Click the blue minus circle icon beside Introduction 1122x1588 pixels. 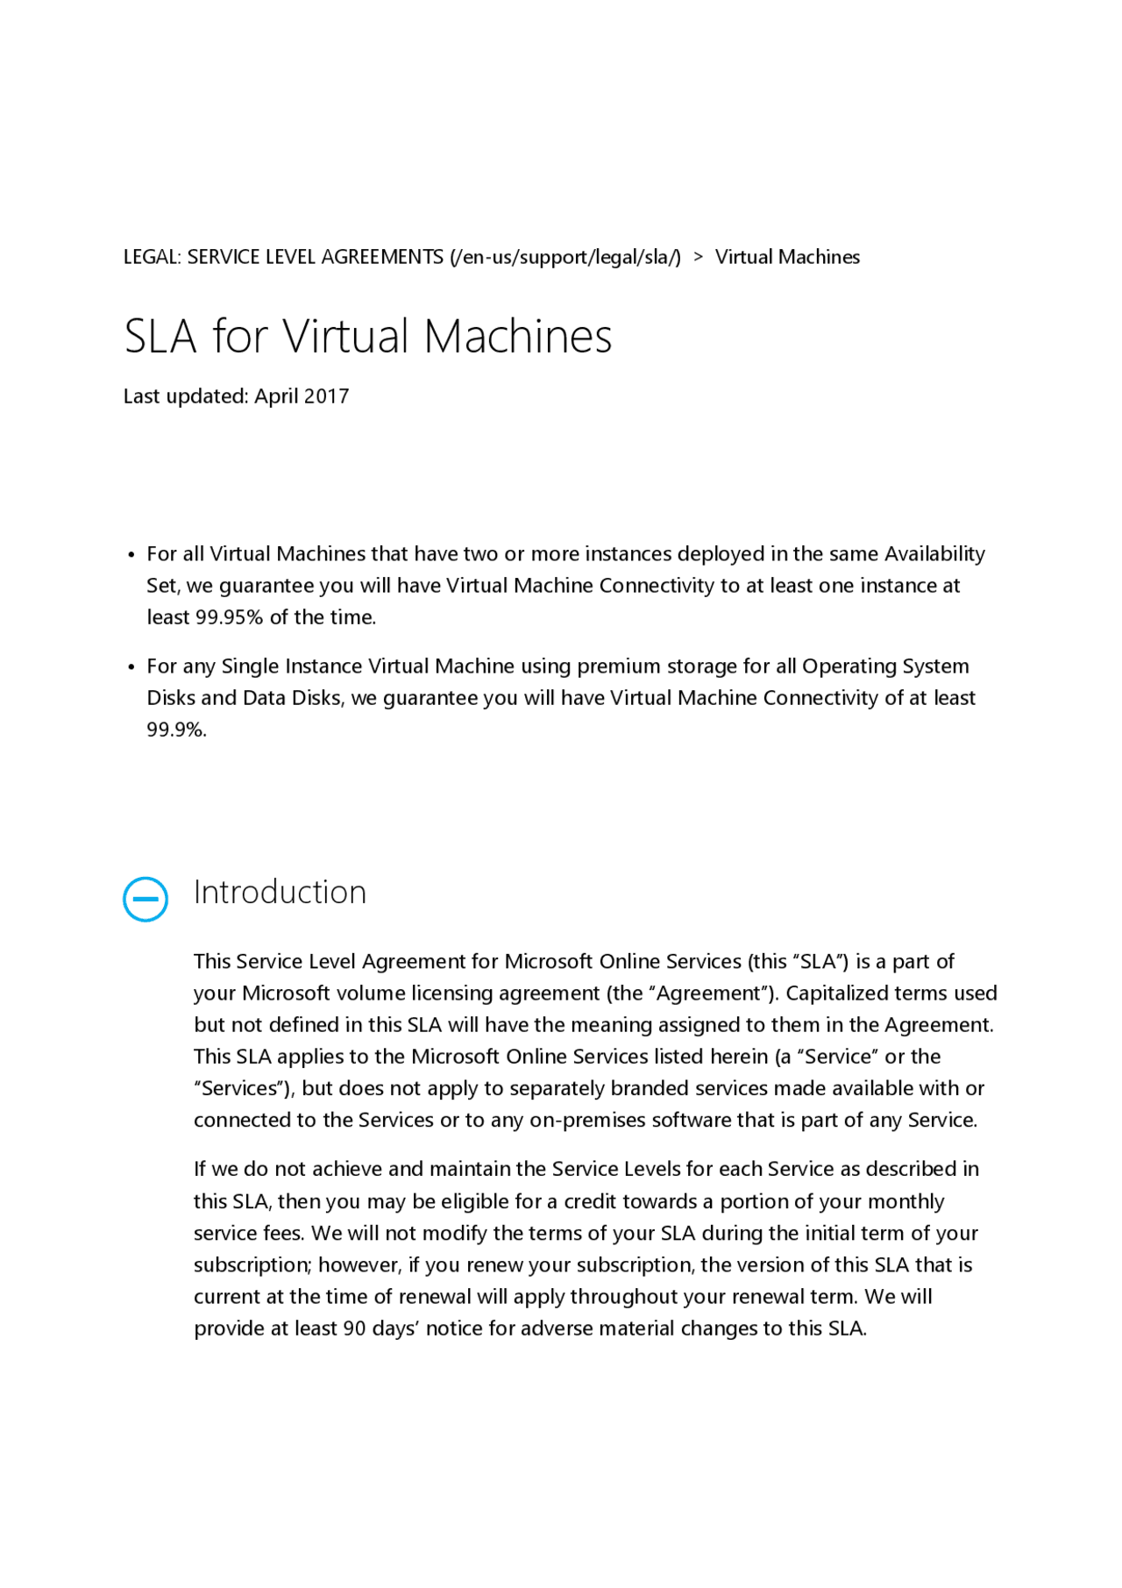point(146,899)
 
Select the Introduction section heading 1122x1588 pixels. point(280,892)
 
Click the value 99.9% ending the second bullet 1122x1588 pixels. point(176,730)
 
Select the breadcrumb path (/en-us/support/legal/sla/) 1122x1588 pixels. point(565,257)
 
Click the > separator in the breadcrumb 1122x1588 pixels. point(698,257)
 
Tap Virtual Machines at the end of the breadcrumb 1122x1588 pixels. point(787,257)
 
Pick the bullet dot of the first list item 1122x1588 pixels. point(131,555)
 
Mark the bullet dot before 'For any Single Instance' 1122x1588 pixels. point(131,667)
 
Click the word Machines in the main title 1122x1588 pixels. point(518,336)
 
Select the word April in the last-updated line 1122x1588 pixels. point(277,396)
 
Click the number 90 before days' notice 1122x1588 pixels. point(354,1328)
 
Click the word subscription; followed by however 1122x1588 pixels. point(253,1265)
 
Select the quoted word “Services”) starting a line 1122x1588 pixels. point(245,1089)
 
